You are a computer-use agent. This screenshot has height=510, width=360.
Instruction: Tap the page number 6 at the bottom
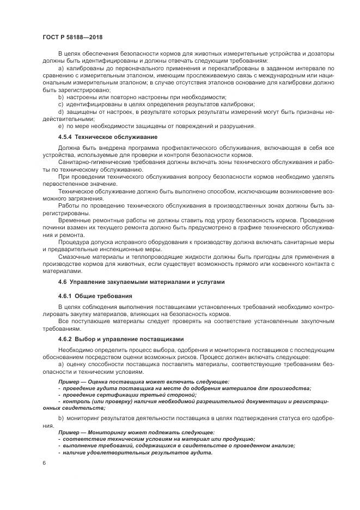[x=44, y=463]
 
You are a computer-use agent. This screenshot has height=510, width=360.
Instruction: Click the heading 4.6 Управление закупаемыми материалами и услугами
[x=141, y=282]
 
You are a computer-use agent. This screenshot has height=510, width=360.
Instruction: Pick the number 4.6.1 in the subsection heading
[x=67, y=296]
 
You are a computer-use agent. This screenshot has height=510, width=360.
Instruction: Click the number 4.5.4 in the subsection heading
[x=67, y=136]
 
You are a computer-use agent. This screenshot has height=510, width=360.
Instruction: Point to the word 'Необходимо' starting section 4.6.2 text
[x=76, y=349]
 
